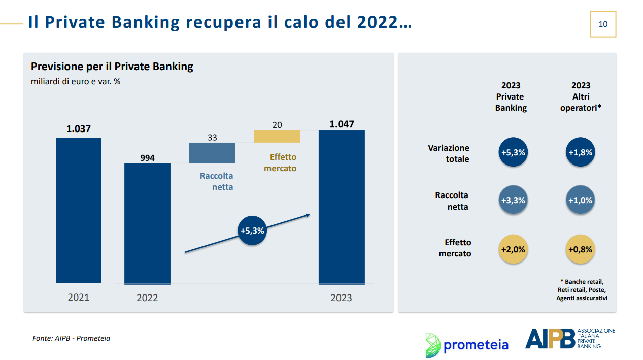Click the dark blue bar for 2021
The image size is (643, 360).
tap(79, 210)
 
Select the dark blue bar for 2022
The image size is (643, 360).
tap(147, 224)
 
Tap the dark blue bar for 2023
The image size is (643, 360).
tap(342, 208)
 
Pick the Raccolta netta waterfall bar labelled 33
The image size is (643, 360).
tap(212, 153)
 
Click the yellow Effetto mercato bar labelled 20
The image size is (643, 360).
tap(277, 137)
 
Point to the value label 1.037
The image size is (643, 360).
tap(78, 128)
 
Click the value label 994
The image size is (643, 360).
tap(147, 158)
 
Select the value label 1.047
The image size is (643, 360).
tap(342, 124)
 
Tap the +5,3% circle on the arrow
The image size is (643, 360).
tap(252, 231)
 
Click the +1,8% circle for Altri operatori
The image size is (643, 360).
tap(581, 152)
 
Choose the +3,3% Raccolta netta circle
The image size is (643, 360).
tap(513, 200)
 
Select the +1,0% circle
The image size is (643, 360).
tap(581, 200)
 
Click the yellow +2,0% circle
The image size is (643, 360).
tap(513, 249)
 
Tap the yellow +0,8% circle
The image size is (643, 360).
tap(581, 249)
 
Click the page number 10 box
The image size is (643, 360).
tap(603, 24)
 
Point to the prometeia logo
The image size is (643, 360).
tap(467, 345)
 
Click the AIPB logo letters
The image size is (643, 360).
tap(550, 339)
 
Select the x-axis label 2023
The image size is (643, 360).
tap(342, 298)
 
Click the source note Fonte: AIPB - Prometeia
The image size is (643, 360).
tap(71, 338)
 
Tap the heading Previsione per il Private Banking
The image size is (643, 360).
tap(112, 67)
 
